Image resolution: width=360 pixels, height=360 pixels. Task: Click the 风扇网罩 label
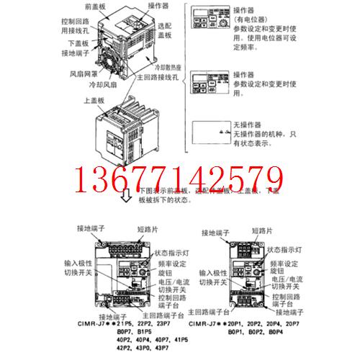pos(82,73)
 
